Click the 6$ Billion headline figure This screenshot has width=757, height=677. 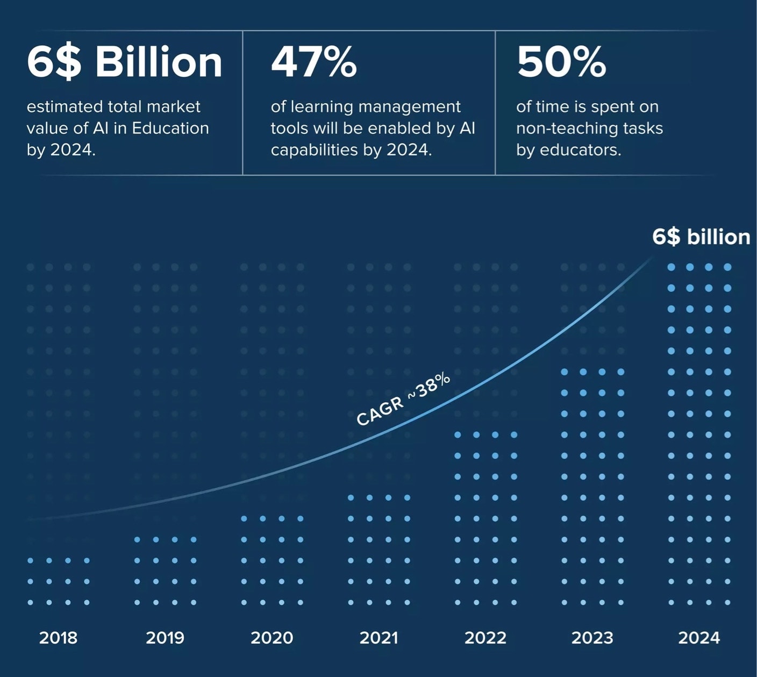tap(124, 62)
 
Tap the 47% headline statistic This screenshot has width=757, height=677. tap(313, 62)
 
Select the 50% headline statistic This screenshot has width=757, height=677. tap(561, 62)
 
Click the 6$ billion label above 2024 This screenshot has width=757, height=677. tap(701, 237)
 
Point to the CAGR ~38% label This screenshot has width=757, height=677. tap(403, 398)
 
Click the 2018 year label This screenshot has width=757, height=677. tap(58, 638)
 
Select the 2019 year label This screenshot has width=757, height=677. tap(165, 638)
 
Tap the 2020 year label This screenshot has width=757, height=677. tap(272, 638)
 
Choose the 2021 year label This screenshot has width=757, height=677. tap(378, 638)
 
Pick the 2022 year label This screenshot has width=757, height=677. tap(485, 638)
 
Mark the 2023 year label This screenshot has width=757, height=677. tap(592, 638)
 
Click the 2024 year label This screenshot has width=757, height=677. tap(699, 638)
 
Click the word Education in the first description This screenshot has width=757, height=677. tap(170, 128)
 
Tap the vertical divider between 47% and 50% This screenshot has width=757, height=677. tap(495, 103)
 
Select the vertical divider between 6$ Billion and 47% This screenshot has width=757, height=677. tap(242, 103)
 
